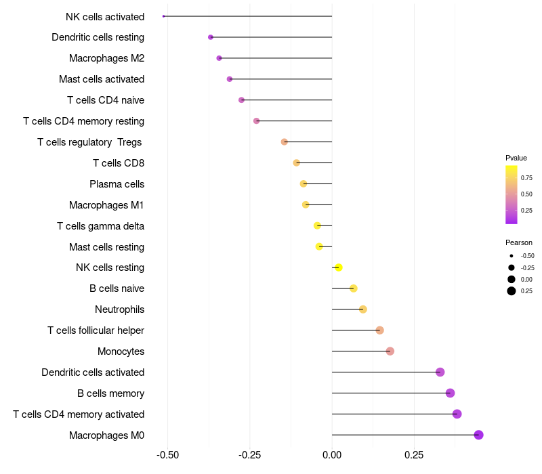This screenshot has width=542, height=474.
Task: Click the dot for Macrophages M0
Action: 478,435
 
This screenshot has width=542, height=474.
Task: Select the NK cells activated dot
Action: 164,16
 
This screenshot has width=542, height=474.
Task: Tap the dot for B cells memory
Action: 450,393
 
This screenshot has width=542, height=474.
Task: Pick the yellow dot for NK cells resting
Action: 339,267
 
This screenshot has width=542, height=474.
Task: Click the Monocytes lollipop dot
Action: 390,351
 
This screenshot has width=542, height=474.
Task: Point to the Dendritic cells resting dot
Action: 211,37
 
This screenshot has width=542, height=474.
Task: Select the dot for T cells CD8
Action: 296,163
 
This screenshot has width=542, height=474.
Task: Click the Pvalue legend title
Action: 516,158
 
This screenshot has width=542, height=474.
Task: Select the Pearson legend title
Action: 518,242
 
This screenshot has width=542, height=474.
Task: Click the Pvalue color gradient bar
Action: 512,194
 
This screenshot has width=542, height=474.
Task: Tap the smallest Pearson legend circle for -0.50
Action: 511,256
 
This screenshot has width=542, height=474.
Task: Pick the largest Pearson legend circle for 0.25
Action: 511,291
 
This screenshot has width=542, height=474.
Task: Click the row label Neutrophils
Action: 120,309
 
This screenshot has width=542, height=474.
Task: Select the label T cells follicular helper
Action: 96,330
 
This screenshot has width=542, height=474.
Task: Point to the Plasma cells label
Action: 117,184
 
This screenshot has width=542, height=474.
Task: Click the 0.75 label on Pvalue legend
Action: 526,178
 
